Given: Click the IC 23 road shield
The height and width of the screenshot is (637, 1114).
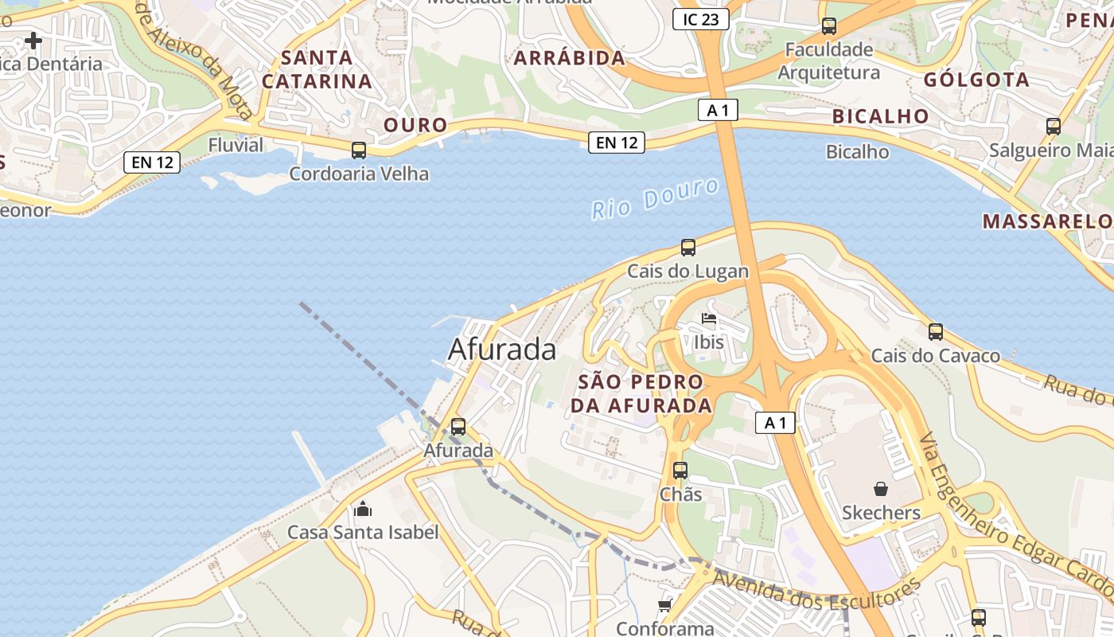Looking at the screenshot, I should (700, 19).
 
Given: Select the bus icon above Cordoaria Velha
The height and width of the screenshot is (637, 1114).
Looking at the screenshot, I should (359, 150).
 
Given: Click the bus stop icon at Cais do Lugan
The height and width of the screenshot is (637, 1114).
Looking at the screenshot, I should (688, 248).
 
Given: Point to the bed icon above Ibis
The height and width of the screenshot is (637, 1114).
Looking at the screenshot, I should (709, 320).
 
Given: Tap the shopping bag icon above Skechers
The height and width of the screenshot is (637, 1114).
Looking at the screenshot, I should (881, 488).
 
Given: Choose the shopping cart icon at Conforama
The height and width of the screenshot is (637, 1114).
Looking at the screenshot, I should (665, 606).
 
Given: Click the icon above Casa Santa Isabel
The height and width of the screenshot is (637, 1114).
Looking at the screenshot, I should (363, 509).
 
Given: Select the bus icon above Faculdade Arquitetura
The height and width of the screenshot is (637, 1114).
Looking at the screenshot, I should (829, 26).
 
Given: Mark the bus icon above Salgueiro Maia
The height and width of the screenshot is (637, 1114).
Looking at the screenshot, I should (1054, 126).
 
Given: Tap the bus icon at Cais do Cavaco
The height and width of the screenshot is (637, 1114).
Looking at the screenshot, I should (936, 332).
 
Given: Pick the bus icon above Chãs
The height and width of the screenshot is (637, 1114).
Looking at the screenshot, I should (680, 471).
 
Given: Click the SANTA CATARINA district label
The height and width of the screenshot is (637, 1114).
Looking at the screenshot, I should (317, 69).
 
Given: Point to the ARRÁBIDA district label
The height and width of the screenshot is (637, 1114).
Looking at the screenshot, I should (570, 58).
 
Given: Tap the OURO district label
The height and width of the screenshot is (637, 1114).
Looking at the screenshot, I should (416, 125).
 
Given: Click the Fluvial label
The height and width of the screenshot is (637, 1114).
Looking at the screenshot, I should (236, 145).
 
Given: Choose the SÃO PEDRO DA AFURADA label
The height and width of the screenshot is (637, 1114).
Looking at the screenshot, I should (641, 393).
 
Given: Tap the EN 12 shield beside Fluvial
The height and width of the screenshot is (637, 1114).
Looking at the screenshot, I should (153, 162).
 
